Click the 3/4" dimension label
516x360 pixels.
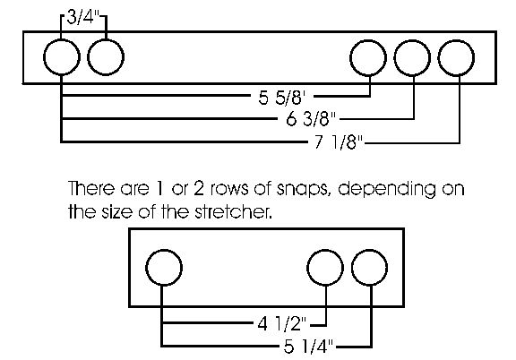point(83,17)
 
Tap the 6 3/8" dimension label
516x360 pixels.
point(312,119)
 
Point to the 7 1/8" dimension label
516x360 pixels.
point(339,142)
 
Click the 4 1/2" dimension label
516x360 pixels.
point(282,324)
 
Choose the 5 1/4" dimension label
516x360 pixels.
point(308,347)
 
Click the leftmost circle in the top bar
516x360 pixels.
point(62,57)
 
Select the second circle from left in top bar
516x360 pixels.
point(106,57)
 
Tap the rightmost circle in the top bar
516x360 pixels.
point(456,58)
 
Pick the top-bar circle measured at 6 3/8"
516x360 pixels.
point(412,58)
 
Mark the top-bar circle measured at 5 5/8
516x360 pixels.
point(368,58)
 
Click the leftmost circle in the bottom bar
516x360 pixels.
point(164,267)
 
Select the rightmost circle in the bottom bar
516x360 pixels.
point(369,268)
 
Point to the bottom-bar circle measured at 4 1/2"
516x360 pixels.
point(325,268)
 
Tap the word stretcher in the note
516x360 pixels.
point(234,212)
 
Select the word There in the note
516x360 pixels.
point(91,188)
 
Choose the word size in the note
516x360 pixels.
point(118,212)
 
